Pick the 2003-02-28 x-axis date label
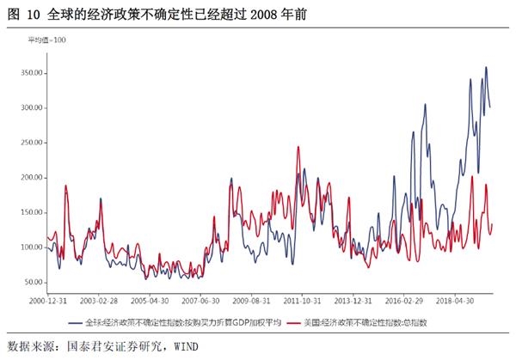pos(101,302)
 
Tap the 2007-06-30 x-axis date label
pos(205,302)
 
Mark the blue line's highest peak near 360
pos(486,67)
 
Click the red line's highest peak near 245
pos(298,147)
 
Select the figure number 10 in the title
pos(34,13)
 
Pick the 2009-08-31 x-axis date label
pos(256,302)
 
